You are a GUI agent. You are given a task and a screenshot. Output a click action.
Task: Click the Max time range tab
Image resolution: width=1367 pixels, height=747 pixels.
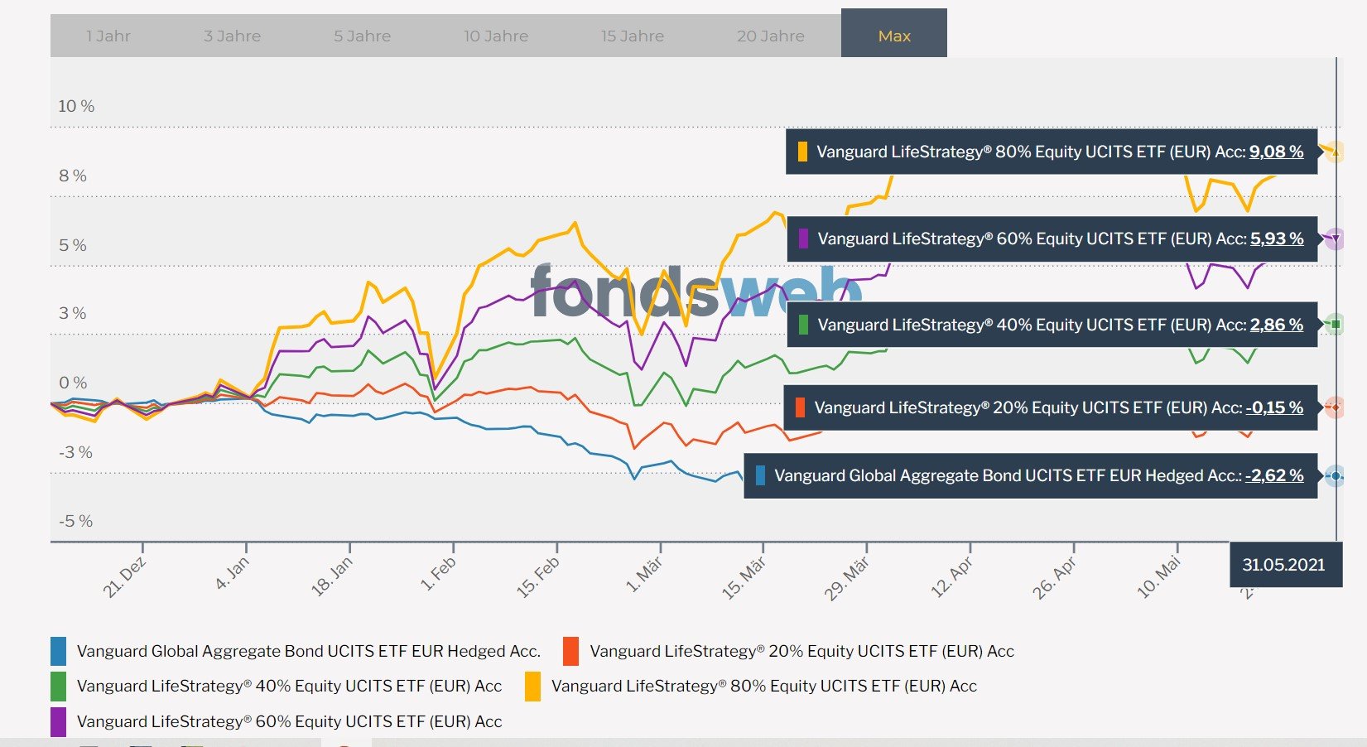coord(893,36)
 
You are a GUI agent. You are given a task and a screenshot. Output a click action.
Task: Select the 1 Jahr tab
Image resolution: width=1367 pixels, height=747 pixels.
coord(108,36)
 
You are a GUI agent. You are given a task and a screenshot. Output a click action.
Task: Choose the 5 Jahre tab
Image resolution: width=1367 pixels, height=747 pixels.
coord(362,36)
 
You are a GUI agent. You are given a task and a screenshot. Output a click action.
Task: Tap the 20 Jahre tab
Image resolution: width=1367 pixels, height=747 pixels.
coord(770,36)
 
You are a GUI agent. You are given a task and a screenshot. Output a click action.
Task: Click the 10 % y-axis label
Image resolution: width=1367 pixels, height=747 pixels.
coord(76,106)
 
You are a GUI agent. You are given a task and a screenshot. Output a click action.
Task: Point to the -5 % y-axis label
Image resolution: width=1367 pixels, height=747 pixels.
coord(75,521)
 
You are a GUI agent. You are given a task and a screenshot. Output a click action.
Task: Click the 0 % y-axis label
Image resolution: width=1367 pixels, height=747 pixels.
coord(73,383)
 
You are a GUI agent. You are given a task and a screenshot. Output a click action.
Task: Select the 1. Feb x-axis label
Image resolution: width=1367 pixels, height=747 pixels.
coord(439,573)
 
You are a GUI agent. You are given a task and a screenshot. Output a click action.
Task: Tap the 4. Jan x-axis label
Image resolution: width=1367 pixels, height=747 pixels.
coord(233,572)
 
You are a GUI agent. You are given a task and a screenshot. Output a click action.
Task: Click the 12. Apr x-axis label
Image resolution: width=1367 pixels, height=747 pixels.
coord(951,577)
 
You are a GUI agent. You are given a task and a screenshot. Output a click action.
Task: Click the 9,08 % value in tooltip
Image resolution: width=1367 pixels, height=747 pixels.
coord(1276,152)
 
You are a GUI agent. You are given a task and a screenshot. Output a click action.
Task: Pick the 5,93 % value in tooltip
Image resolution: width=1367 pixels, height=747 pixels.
coord(1277,239)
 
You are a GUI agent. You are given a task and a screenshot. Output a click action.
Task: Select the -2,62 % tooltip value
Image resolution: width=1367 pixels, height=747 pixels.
coord(1274,475)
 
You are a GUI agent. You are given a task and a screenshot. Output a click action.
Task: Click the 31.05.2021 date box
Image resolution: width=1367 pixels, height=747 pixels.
coord(1283,565)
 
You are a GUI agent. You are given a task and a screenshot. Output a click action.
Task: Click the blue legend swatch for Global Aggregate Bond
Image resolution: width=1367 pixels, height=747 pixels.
coord(58,651)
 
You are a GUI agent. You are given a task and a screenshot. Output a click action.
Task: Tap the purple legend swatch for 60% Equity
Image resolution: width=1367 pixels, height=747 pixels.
coord(58,721)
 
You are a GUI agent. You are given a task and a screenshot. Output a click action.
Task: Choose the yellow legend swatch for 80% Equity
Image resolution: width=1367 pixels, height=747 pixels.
coord(532,686)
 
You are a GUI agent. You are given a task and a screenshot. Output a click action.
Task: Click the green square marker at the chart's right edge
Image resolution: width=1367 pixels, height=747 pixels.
coord(1335,324)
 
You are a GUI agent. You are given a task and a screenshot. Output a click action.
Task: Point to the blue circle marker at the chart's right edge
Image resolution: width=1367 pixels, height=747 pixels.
coord(1335,476)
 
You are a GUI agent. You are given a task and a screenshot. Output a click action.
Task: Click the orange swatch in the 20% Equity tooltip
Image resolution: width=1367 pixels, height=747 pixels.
coord(800,407)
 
